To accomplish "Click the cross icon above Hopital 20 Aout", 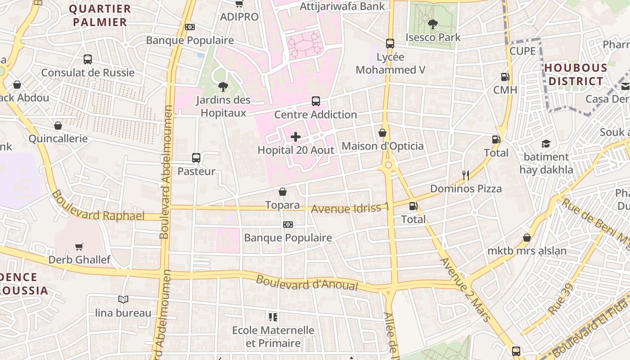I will pos(296,137).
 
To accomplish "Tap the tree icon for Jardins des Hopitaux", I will pos(223,86).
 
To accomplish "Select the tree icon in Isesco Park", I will pos(433,24).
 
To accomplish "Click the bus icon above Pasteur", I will pos(196,158).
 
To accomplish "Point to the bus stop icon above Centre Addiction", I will pos(316,101).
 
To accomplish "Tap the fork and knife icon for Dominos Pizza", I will pos(466,175).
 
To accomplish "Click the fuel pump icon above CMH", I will pos(505,77).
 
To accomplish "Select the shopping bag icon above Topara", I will pos(283,192).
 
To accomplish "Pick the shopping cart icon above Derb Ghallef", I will pos(79,247).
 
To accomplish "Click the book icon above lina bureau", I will pos(123,299).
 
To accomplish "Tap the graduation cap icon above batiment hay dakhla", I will pos(546,144).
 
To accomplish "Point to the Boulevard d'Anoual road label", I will pos(307,283).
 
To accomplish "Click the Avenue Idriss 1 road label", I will pos(350,208).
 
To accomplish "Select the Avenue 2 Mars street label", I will pos(465,289).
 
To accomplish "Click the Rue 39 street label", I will pos(561,299).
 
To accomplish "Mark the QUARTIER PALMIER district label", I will pos(100,15).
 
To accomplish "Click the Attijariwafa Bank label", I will pos(342,6).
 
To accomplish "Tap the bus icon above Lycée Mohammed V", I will pos(390,44).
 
